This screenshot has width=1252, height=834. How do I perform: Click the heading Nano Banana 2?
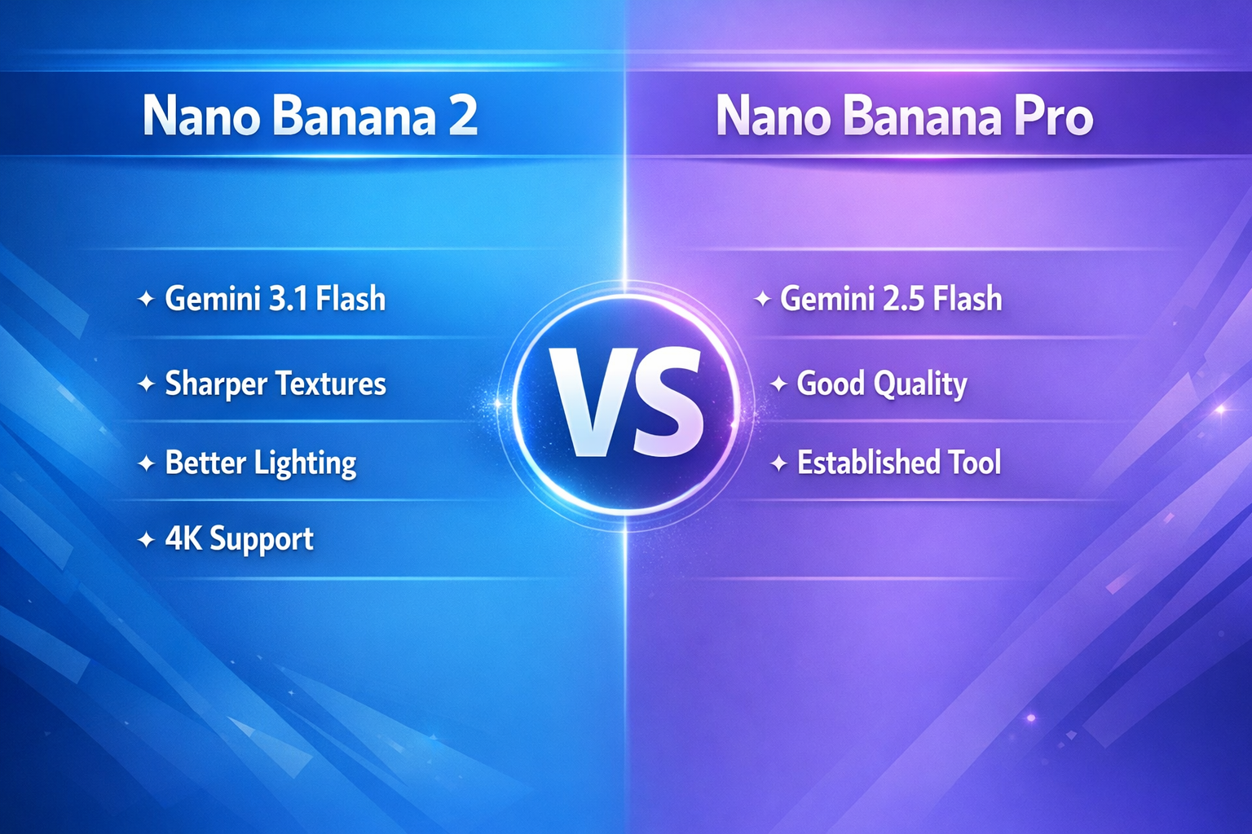tap(310, 116)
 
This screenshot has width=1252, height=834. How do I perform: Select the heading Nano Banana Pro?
tap(904, 116)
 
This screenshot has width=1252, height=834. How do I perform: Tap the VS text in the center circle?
tap(626, 403)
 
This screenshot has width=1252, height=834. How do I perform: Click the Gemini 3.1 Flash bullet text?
tap(275, 299)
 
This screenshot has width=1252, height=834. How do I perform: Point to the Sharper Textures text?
tap(275, 384)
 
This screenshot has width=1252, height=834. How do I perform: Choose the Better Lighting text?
tap(260, 463)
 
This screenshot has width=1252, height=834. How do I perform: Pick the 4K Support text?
tap(239, 539)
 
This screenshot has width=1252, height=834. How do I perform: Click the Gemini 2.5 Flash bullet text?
tap(891, 299)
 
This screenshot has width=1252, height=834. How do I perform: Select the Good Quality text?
tap(881, 384)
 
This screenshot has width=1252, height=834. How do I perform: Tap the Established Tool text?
tap(898, 463)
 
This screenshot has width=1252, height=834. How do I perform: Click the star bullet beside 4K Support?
tap(146, 539)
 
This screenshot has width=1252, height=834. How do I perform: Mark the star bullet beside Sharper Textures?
tap(146, 384)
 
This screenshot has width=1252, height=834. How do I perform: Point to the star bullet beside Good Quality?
tap(778, 384)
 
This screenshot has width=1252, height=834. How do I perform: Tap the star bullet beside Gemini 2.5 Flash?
tap(762, 299)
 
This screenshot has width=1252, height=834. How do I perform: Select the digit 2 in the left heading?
tap(462, 116)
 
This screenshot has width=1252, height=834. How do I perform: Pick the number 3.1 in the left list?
tap(288, 299)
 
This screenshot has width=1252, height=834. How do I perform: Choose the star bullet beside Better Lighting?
tap(146, 463)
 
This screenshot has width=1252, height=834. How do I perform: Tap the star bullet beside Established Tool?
tap(778, 463)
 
